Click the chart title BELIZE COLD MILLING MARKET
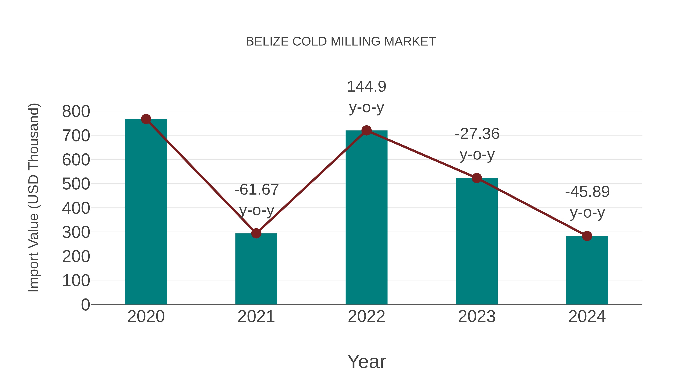click(341, 42)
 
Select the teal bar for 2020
click(146, 212)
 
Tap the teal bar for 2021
click(256, 269)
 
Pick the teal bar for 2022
click(366, 217)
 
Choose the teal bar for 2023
click(477, 241)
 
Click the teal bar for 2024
click(587, 270)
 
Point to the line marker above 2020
click(146, 119)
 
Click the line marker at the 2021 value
click(256, 233)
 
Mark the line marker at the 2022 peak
click(366, 130)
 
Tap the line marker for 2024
click(587, 236)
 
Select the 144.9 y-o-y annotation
click(366, 97)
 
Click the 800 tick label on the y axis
click(76, 112)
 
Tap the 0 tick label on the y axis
click(85, 305)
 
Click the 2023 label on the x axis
click(477, 316)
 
